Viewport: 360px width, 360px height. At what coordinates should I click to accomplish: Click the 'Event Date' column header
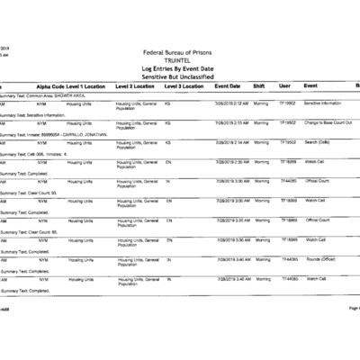pyautogui.click(x=228, y=85)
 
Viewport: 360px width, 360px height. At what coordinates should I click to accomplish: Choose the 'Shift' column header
pyautogui.click(x=259, y=85)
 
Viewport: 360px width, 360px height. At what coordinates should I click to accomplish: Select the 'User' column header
pyautogui.click(x=284, y=85)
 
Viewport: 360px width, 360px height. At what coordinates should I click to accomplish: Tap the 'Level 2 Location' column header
pyautogui.click(x=136, y=85)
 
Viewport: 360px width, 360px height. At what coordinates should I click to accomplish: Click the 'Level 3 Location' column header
pyautogui.click(x=183, y=85)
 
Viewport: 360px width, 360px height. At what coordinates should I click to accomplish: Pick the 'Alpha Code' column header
pyautogui.click(x=50, y=85)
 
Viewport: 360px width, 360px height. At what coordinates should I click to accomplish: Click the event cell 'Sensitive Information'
pyautogui.click(x=323, y=103)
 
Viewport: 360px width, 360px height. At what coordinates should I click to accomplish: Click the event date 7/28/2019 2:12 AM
pyautogui.click(x=232, y=103)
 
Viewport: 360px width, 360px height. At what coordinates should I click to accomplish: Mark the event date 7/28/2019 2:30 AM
pyautogui.click(x=232, y=161)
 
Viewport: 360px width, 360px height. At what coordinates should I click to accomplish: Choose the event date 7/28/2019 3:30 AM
pyautogui.click(x=232, y=239)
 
